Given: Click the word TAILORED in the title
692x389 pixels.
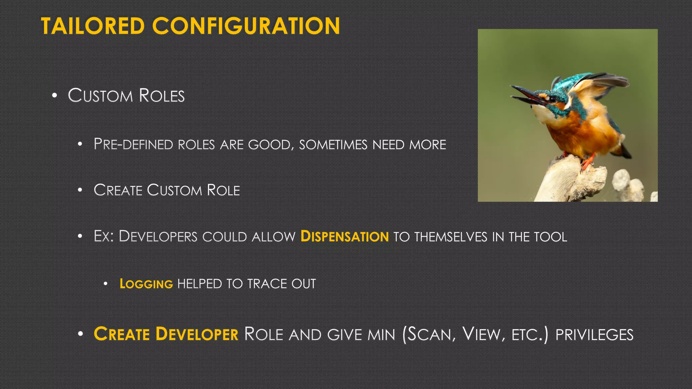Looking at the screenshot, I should (93, 26).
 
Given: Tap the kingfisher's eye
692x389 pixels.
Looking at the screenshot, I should (552, 99).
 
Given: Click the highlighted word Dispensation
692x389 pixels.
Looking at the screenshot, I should (345, 236).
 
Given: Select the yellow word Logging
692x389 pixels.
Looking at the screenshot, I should (146, 284).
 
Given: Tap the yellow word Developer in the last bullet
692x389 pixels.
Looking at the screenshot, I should (197, 334).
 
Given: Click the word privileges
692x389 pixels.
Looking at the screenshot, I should (594, 335).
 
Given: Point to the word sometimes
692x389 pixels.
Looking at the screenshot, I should (333, 145).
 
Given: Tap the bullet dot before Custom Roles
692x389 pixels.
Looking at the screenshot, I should (55, 96).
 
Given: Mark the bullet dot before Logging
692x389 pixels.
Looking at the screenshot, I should (106, 284).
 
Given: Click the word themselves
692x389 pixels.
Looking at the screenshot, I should (451, 237).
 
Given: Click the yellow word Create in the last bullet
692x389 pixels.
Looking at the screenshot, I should (122, 334).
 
